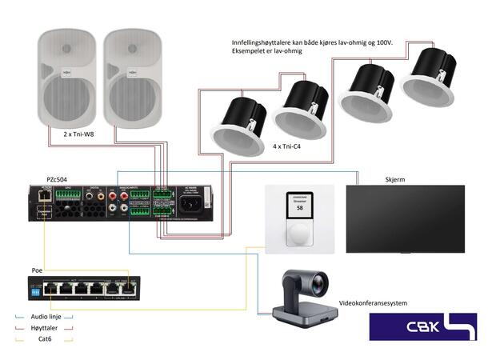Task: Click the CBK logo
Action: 422,326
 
